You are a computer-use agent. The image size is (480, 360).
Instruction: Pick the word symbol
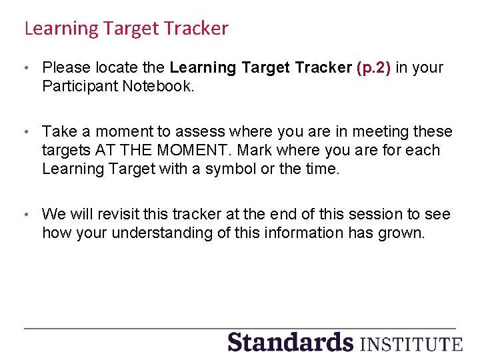coord(231,169)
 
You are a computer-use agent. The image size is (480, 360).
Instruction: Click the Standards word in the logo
coord(290,342)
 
